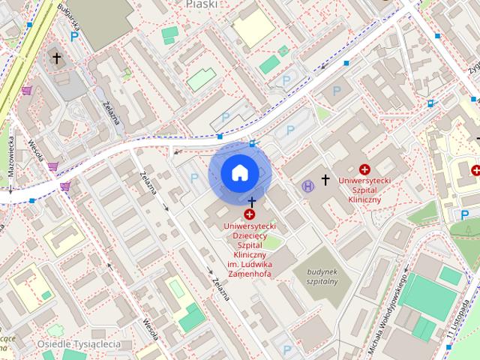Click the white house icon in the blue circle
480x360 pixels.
pyautogui.click(x=239, y=173)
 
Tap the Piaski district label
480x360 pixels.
pyautogui.click(x=201, y=4)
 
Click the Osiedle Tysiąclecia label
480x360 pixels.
pyautogui.click(x=79, y=344)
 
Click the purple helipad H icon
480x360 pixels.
pyautogui.click(x=307, y=185)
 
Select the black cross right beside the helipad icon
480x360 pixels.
pyautogui.click(x=325, y=179)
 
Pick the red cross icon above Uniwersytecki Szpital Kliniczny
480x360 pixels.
pyautogui.click(x=365, y=170)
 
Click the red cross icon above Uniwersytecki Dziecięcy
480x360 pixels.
pyautogui.click(x=249, y=215)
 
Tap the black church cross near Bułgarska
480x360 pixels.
pyautogui.click(x=56, y=58)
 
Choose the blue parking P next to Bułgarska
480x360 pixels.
pyautogui.click(x=73, y=36)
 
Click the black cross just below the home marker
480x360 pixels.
pyautogui.click(x=252, y=202)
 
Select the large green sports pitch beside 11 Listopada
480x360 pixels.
pyautogui.click(x=427, y=296)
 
